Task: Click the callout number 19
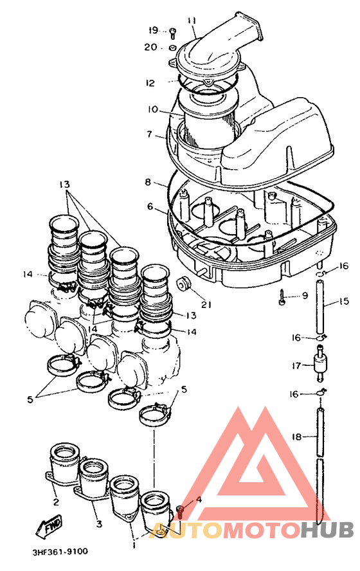coord(153,30)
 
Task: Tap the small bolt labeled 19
coord(172,34)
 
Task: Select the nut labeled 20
coord(172,48)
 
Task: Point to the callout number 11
coord(192,20)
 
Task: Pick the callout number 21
coord(206,304)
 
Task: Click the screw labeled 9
coord(282,296)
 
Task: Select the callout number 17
coord(296,366)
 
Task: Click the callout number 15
coord(344,301)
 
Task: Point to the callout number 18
coord(296,436)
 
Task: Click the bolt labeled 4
coord(180,512)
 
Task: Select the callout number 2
coord(56,502)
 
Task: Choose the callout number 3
coord(99,524)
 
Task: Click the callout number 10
coord(153,109)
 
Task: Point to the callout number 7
coord(149,134)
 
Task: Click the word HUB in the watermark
coord(327,529)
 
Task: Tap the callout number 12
coord(150,83)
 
